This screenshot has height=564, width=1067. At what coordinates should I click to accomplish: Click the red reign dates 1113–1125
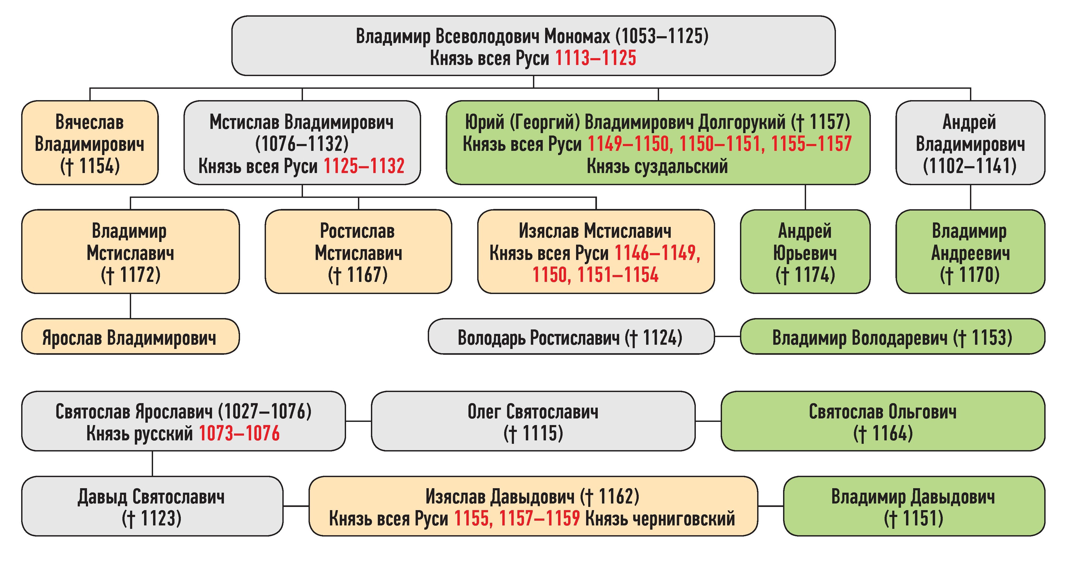point(595,58)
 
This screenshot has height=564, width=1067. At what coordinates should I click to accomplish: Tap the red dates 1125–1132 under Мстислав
point(364,166)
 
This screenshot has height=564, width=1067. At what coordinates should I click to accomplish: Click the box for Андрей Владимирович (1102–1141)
point(970,143)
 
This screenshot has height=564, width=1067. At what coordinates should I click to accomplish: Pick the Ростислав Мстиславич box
point(358,251)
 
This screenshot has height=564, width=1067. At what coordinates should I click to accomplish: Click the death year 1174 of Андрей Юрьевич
point(814,275)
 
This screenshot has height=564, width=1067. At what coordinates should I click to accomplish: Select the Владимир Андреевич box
point(970,251)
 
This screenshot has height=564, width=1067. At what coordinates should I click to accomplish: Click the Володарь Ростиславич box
point(571,337)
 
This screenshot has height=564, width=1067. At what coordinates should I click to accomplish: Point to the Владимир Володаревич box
point(892,337)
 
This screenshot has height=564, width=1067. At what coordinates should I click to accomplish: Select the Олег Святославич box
point(533,421)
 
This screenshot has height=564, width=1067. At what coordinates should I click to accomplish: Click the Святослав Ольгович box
point(883,421)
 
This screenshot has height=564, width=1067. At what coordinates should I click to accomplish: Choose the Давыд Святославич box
point(152,506)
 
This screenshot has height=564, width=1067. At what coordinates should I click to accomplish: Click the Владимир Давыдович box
point(914,506)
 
